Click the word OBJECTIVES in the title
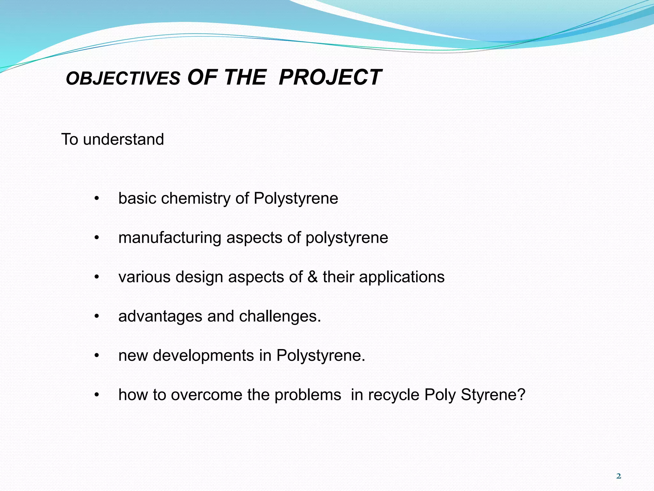[123, 79]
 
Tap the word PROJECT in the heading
[330, 77]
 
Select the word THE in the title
[245, 77]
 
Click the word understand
[123, 139]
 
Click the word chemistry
[195, 199]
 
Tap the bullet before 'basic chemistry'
[97, 199]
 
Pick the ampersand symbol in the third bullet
[313, 277]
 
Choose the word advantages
[160, 316]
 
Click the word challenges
[280, 316]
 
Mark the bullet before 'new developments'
[97, 356]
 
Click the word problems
[308, 395]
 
